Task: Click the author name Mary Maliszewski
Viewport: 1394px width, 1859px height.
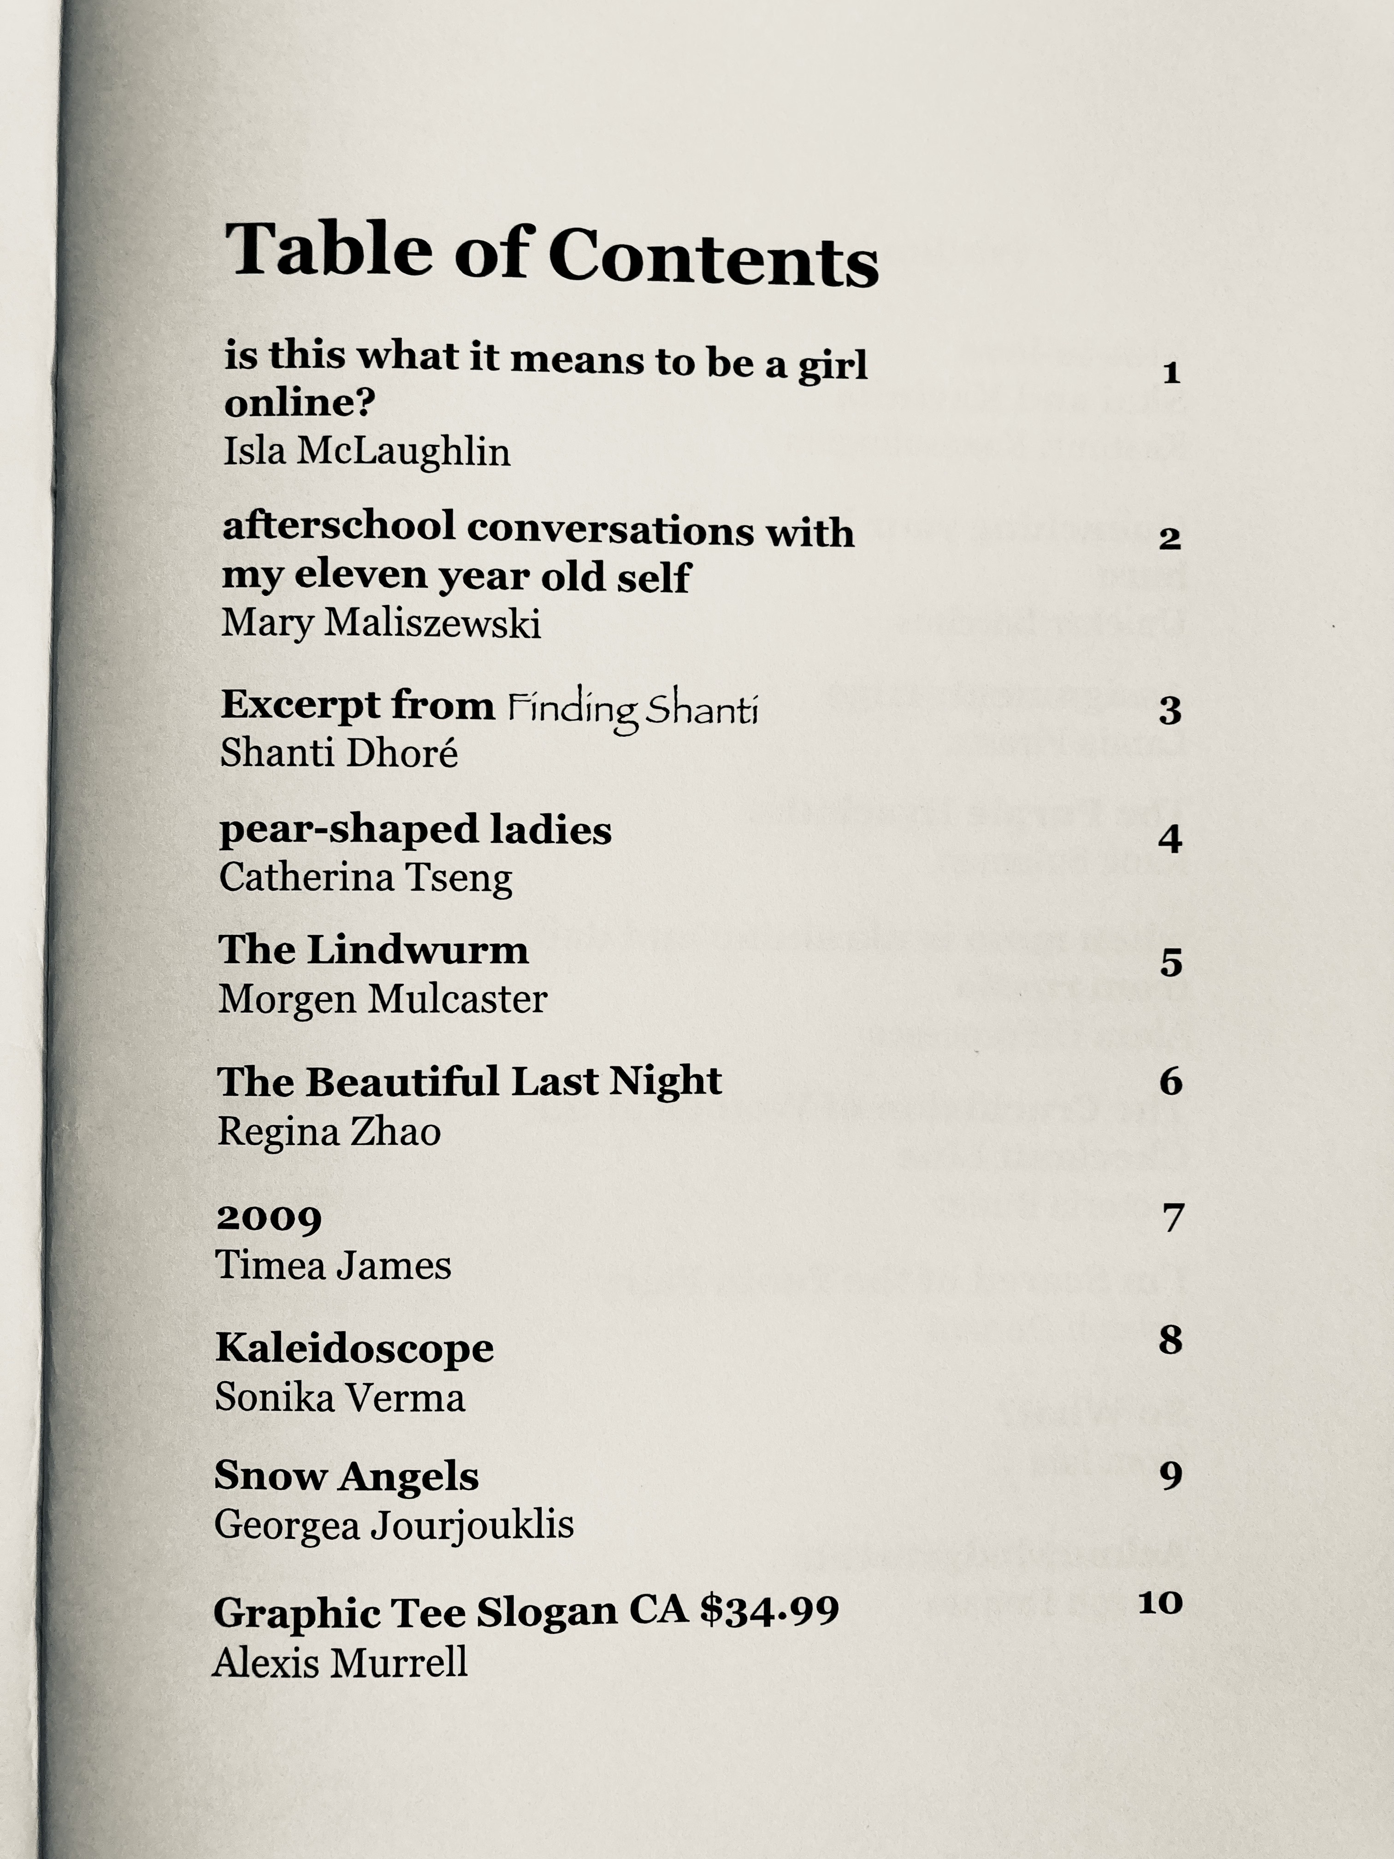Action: [381, 624]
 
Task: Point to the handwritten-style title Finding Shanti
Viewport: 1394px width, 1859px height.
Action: [632, 710]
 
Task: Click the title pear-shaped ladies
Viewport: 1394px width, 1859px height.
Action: [415, 830]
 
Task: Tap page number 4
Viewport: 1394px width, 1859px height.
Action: [1170, 839]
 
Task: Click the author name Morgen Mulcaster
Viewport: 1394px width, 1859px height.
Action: [382, 999]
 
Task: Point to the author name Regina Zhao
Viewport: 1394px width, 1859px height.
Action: [329, 1132]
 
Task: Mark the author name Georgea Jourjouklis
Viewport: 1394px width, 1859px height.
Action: [393, 1525]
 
